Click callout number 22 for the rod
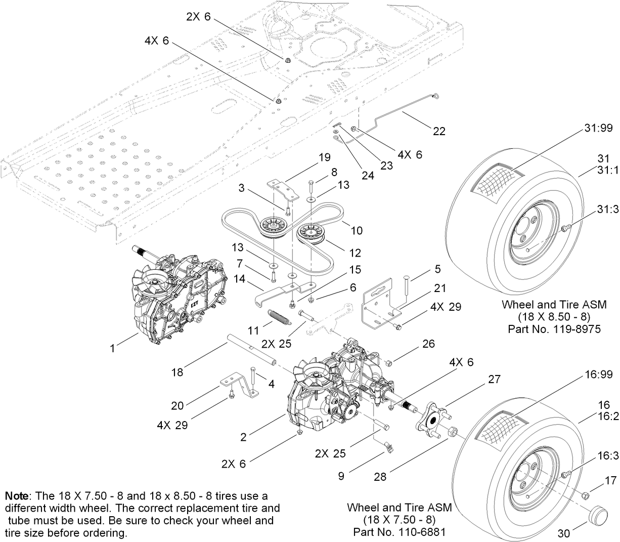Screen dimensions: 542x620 pyautogui.click(x=439, y=131)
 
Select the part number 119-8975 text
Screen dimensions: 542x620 pyautogui.click(x=554, y=329)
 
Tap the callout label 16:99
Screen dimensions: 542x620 pyautogui.click(x=599, y=374)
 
